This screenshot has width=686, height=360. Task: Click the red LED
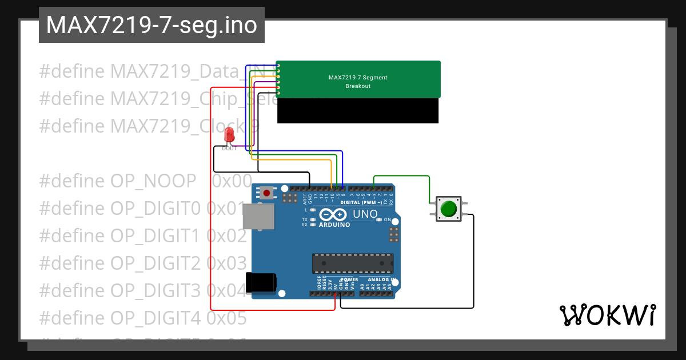tap(229, 135)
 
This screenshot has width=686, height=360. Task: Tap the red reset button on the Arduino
tap(266, 193)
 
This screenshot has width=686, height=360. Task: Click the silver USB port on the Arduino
tap(258, 217)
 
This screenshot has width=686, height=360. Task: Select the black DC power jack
tap(261, 282)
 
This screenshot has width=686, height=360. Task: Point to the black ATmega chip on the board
tap(352, 263)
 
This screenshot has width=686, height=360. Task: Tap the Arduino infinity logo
tap(333, 215)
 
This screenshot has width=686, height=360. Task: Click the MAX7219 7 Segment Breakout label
tap(358, 82)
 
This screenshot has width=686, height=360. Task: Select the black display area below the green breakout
tap(358, 110)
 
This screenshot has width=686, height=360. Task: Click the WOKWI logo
tap(607, 315)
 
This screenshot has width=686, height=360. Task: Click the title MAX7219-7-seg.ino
tap(151, 26)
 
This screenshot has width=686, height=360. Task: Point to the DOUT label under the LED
tap(229, 148)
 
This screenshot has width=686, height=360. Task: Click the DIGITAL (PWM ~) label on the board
tap(366, 202)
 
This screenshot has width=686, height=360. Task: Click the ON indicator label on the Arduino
tap(387, 220)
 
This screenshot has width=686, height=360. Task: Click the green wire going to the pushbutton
tap(429, 186)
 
